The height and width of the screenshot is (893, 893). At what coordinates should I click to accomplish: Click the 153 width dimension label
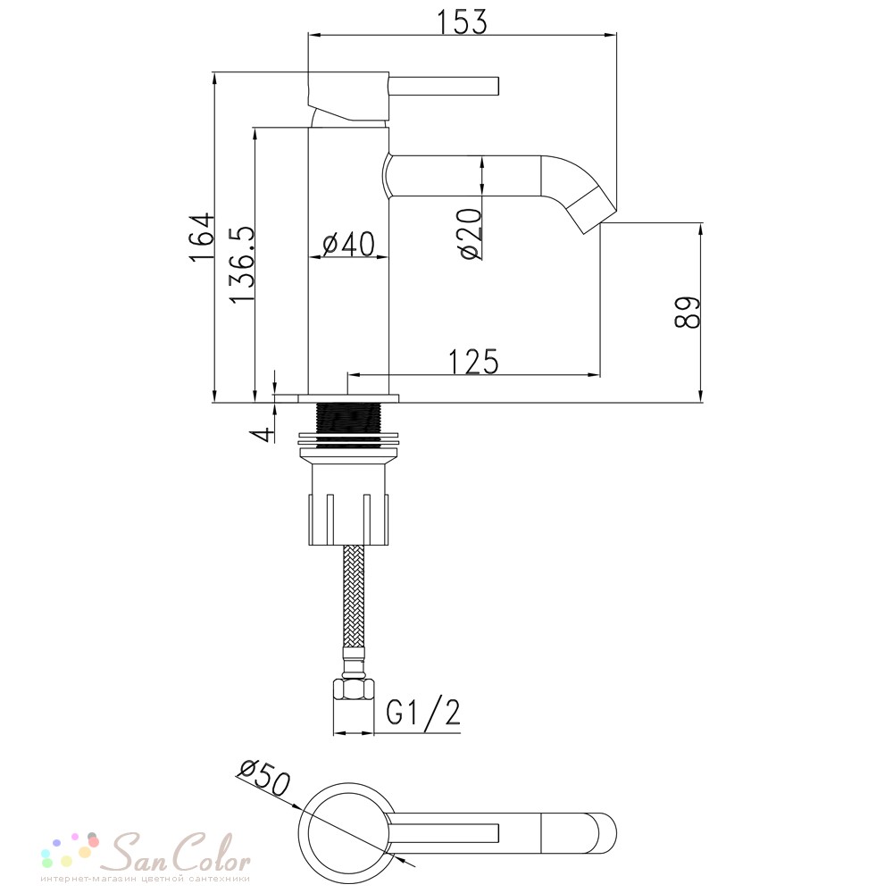coord(462,22)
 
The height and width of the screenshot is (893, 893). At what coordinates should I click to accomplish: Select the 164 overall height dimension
coord(202,237)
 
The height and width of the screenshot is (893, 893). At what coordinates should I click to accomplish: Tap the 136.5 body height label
coord(241,265)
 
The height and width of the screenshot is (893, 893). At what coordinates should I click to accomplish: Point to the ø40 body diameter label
coord(348,244)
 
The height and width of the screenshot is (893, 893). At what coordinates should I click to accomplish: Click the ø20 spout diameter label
coord(471,234)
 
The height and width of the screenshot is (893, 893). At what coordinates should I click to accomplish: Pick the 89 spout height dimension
coord(687,312)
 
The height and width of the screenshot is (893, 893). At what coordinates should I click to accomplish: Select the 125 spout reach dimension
coord(473,362)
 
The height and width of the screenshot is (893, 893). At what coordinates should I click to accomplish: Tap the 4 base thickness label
coord(263,435)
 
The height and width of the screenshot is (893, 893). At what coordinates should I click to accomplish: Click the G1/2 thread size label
coord(422,712)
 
